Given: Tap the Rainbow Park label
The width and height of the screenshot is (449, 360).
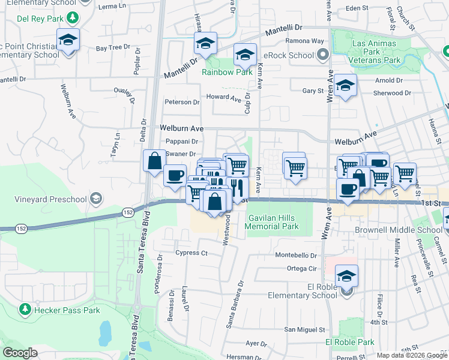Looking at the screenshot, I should [x=227, y=73].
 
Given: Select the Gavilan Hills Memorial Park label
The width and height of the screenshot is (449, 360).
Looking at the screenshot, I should [x=273, y=221].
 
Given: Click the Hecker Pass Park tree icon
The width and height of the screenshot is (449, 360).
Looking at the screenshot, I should [x=25, y=310].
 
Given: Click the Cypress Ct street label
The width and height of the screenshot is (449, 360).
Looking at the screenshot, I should [x=191, y=253].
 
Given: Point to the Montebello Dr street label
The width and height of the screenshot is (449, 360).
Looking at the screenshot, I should [x=295, y=255].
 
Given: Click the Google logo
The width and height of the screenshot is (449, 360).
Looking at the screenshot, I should [x=20, y=353].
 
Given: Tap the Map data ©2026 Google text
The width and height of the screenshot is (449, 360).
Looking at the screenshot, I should [x=412, y=355].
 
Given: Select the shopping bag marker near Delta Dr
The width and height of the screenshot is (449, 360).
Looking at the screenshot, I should [x=154, y=161].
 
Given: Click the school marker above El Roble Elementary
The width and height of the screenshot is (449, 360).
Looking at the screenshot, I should [x=346, y=276].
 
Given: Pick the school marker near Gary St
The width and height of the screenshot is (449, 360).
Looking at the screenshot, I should [x=345, y=86].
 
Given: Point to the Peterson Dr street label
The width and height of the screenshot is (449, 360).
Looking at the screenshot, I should [x=182, y=103].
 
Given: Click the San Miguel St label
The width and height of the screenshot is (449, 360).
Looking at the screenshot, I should [x=304, y=329].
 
